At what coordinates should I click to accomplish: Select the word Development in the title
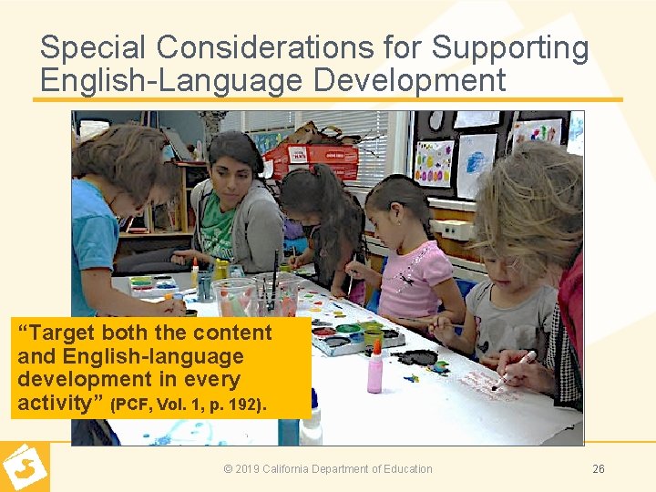point(410,79)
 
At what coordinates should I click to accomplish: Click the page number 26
point(598,469)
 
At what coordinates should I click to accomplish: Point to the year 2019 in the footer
point(247,469)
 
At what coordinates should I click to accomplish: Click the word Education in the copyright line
point(406,469)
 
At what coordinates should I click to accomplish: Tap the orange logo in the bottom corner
point(25,466)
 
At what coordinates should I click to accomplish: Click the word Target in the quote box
point(60,333)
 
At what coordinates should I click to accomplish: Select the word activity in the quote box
point(60,402)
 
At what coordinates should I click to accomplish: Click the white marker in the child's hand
point(515,369)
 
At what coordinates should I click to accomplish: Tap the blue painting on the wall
point(477,164)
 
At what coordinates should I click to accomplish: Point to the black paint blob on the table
point(420,357)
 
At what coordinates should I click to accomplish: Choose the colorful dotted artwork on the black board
point(434,164)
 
